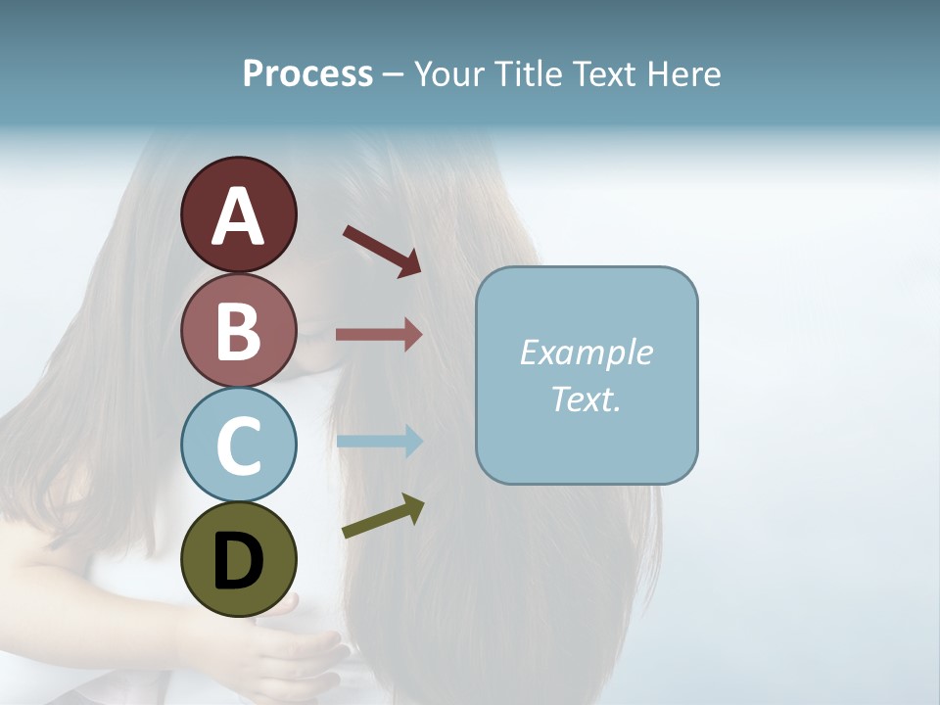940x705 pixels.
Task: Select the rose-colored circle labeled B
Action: tap(238, 330)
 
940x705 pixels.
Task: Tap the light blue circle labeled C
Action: tap(238, 445)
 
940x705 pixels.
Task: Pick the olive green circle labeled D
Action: tap(238, 559)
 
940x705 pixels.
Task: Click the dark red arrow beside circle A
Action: tap(382, 251)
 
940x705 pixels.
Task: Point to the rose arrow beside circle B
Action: tap(379, 334)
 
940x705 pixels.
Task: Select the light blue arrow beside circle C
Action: tap(379, 441)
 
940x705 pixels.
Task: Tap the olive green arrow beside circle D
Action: tap(383, 516)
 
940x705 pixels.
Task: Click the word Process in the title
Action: tap(307, 74)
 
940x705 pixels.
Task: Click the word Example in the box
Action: tap(586, 352)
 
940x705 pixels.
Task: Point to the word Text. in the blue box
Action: tap(586, 399)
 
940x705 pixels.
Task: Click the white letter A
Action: tap(238, 216)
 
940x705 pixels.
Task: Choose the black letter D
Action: tap(238, 563)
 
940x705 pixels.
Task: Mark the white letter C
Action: tap(238, 446)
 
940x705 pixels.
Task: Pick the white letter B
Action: tap(238, 331)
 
